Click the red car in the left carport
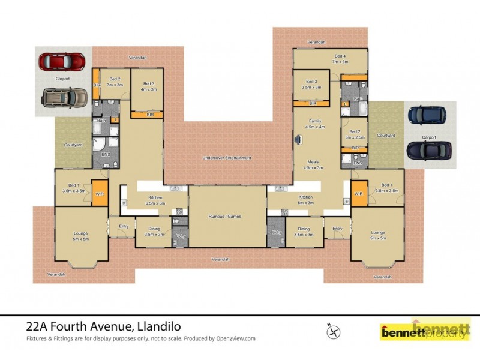tap(62, 61)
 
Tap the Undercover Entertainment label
tap(226, 158)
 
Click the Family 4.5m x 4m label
tap(314, 124)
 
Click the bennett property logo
tap(424, 331)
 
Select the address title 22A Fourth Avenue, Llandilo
tap(103, 327)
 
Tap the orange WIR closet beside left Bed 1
tap(99, 193)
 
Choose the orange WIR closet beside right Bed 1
tap(359, 193)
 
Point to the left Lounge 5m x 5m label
tap(80, 235)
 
